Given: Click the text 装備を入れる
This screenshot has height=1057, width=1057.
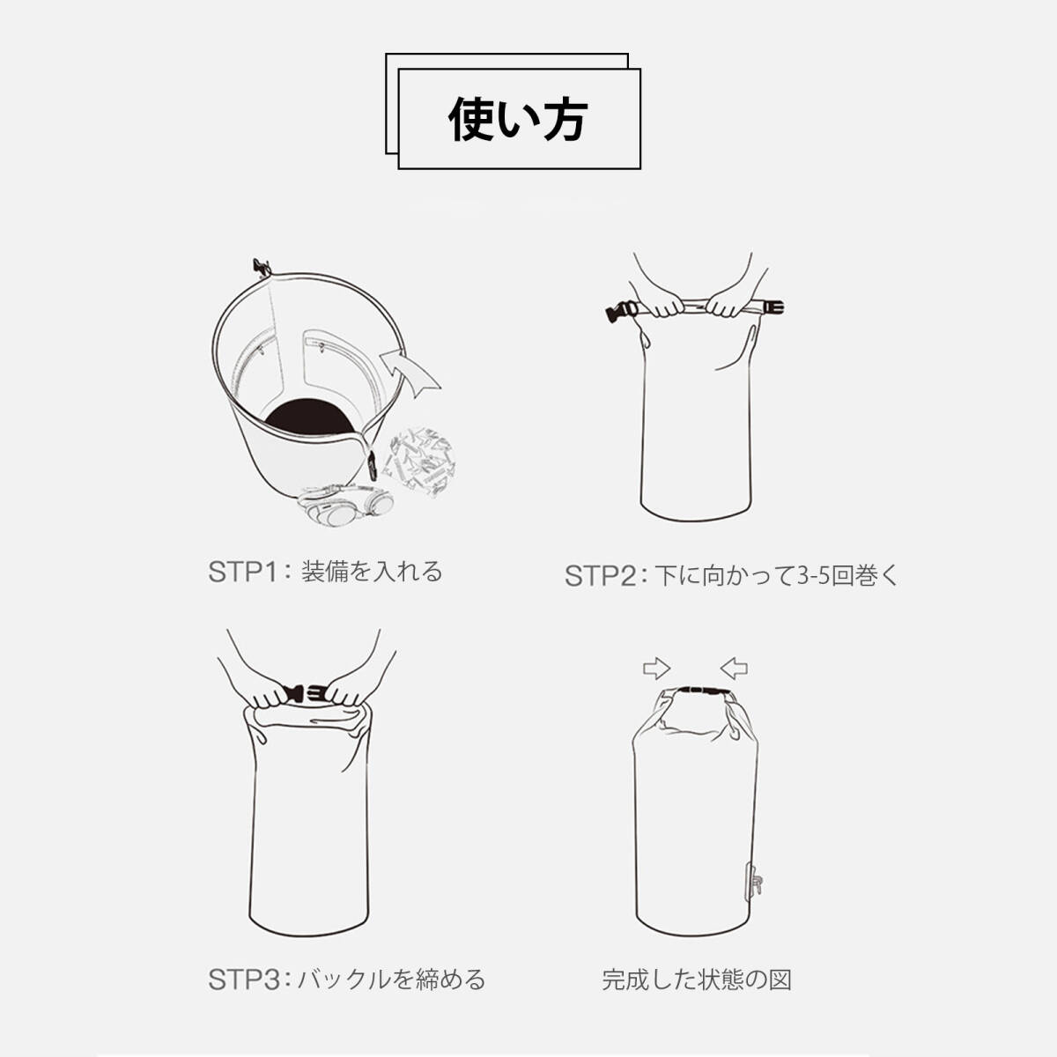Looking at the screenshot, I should point(373,572).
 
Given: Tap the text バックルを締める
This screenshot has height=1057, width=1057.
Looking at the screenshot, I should point(391,954).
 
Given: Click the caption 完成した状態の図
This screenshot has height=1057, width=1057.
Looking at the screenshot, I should point(697,954).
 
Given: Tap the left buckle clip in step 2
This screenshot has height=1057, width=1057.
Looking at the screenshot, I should point(622,313).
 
